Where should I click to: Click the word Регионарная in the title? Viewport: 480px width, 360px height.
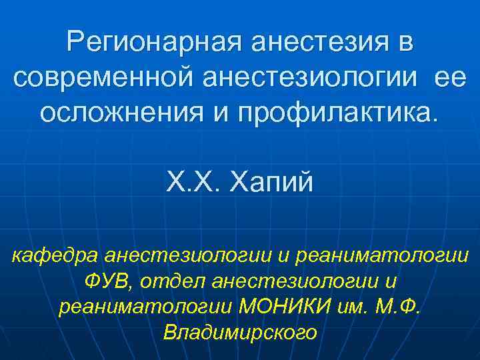tap(154, 45)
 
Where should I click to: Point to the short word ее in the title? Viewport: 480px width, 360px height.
tap(450, 78)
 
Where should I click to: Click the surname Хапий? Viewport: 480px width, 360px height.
tap(271, 181)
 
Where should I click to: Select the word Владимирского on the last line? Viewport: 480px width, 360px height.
tap(240, 333)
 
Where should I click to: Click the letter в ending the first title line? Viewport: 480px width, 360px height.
tap(405, 45)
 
